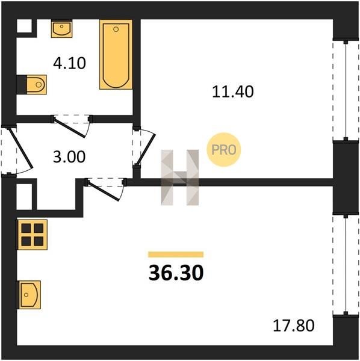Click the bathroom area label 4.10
[69, 63]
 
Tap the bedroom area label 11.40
[232, 91]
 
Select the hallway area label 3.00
[69, 157]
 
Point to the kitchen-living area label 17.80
[293, 326]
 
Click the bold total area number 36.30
[176, 273]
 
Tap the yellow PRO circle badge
[224, 150]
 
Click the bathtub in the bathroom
[116, 54]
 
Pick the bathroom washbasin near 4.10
[62, 28]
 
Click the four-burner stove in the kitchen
[33, 235]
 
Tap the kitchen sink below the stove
[29, 295]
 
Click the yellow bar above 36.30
[176, 255]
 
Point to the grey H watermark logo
[179, 177]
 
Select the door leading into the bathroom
[72, 126]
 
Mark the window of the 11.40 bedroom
[346, 91]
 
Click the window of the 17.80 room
[346, 265]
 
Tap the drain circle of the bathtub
[116, 29]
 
